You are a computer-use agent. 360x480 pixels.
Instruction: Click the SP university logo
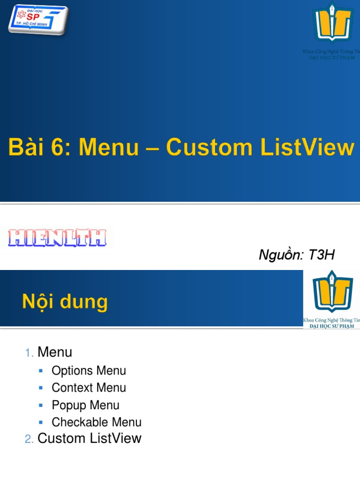(37, 19)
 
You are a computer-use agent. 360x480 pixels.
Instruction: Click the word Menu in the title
(109, 148)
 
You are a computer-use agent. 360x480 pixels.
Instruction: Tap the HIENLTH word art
(57, 239)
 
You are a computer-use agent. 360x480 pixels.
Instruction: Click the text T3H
(322, 255)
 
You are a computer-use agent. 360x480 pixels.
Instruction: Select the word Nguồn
(281, 255)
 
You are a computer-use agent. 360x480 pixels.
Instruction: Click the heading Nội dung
(65, 301)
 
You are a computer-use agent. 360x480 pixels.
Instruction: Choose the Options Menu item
(89, 371)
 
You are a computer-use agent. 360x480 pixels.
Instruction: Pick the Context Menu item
(89, 388)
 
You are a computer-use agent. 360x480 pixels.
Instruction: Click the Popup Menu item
(85, 405)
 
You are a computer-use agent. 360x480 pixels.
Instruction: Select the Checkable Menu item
(97, 422)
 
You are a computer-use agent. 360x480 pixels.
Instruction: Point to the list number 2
(29, 439)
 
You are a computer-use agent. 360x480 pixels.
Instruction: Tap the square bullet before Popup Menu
(41, 405)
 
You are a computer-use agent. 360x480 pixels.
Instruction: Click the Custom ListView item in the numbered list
(89, 438)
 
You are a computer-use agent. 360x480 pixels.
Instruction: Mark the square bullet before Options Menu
(41, 370)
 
